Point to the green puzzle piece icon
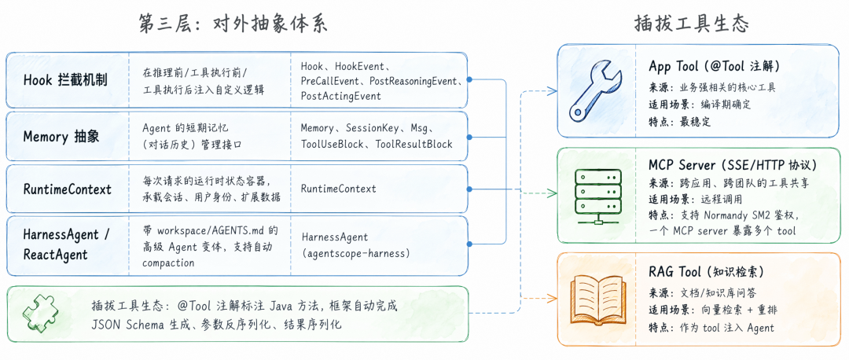42,314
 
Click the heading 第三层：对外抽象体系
234,24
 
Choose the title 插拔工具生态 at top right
692,24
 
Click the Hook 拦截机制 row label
65,80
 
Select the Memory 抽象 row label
61,137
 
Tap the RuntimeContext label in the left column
67,189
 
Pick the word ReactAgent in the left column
55,254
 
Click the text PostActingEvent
340,96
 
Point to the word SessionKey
372,128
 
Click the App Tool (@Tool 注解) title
714,66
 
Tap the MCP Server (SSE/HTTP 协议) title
732,164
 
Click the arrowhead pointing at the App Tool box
552,90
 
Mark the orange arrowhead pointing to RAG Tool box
552,297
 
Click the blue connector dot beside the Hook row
469,79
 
